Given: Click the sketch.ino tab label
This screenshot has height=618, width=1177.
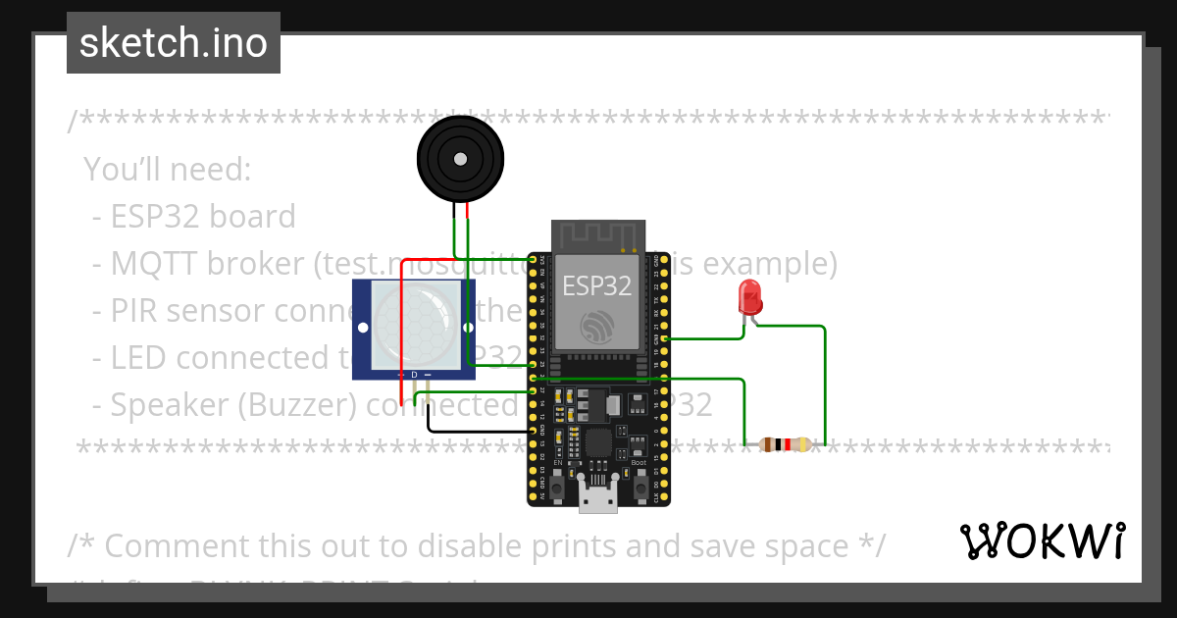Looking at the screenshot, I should (174, 43).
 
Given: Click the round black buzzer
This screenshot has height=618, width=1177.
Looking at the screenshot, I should (459, 158).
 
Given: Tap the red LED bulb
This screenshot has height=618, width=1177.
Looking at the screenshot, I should (750, 295).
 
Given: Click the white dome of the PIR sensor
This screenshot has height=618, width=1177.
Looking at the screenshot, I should (415, 326).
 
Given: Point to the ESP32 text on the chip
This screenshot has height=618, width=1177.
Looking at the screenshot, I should (596, 285).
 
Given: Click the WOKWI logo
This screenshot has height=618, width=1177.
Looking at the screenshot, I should (1043, 541).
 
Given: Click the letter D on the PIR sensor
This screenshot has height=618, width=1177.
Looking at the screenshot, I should (414, 375).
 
